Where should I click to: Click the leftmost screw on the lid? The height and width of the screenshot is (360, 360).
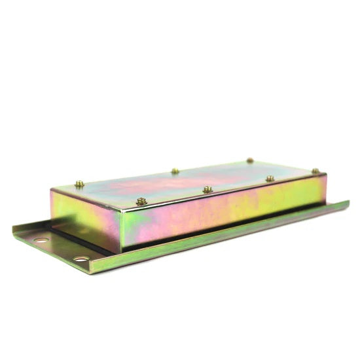pos(79,184)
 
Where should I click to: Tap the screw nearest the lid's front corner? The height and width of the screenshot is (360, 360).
pos(141,201)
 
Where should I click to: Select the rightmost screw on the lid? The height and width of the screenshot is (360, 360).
pos(315,171)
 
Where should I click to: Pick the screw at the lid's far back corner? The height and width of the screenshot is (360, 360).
pos(249,160)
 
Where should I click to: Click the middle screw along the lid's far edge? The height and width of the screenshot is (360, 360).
pos(175,171)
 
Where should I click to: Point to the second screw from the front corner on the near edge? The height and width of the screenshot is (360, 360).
pos(207,189)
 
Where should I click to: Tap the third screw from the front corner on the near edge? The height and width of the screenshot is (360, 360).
pos(270,178)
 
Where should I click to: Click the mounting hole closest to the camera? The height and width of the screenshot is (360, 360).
pos(81,259)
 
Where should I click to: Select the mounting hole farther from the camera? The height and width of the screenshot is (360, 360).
pos(41,240)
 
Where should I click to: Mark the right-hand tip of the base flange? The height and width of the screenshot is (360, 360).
pos(348,203)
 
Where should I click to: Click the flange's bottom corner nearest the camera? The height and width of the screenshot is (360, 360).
pos(92,272)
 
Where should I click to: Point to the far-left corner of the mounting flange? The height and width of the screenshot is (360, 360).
pos(13,229)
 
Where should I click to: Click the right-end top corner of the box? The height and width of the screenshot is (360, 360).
pos(325,175)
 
